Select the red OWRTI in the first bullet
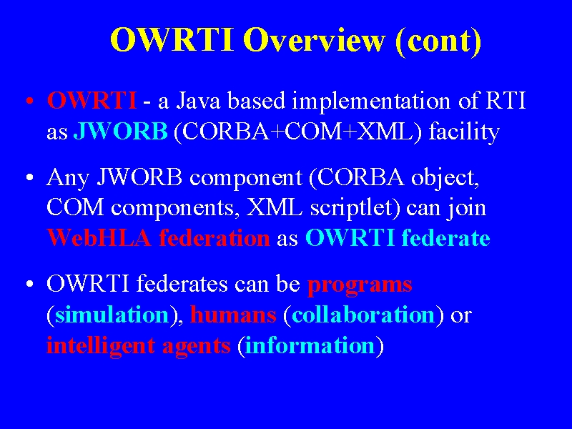pyautogui.click(x=92, y=100)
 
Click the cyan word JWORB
pyautogui.click(x=121, y=131)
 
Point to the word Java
pyautogui.click(x=198, y=101)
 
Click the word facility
pyautogui.click(x=464, y=132)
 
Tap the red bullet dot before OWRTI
pyautogui.click(x=30, y=101)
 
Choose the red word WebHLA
pyautogui.click(x=99, y=238)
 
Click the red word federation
pyautogui.click(x=214, y=238)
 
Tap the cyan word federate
pyautogui.click(x=445, y=238)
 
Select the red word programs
pyautogui.click(x=360, y=285)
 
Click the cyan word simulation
pyautogui.click(x=112, y=315)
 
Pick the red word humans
pyautogui.click(x=234, y=315)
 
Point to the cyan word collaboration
pyautogui.click(x=363, y=315)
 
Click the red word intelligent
pyautogui.click(x=101, y=346)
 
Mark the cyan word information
pyautogui.click(x=310, y=345)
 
